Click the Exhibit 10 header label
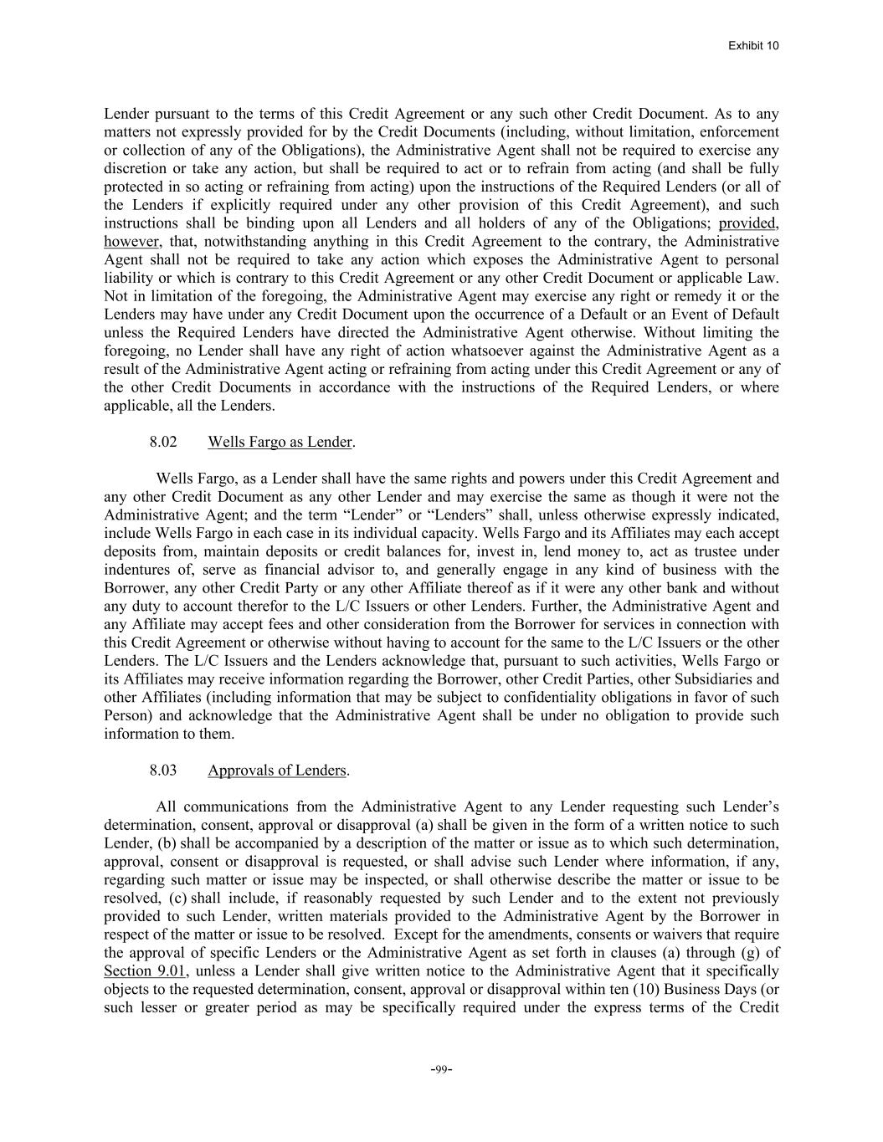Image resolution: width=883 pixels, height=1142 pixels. (x=753, y=45)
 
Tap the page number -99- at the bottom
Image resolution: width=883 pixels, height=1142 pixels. (x=441, y=1069)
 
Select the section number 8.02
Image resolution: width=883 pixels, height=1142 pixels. (x=163, y=442)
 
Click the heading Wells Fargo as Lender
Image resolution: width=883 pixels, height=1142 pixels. (x=280, y=442)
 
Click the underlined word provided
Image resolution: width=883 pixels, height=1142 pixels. (x=748, y=223)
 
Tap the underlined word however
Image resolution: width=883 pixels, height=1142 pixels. (x=131, y=242)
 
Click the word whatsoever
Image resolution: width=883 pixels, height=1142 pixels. (x=481, y=351)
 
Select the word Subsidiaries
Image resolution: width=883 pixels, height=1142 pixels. (x=706, y=679)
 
